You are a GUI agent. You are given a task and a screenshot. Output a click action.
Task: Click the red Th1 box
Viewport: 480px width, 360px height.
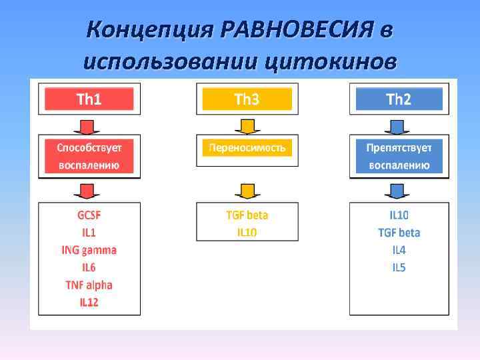[x=89, y=99]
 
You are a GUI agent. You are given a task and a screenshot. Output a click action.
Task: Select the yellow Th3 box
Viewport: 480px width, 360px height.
[x=247, y=99]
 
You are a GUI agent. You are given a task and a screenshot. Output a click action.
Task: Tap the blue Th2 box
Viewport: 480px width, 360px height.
[x=399, y=99]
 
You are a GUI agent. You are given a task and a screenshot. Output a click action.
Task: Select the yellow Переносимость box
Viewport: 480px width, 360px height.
[x=247, y=147]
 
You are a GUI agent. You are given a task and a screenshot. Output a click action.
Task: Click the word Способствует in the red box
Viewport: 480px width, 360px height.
[x=89, y=147]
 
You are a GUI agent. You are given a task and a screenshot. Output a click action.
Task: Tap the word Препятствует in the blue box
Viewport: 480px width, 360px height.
[x=399, y=147]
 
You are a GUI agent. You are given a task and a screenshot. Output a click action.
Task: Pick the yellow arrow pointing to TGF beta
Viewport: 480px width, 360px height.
[x=247, y=191]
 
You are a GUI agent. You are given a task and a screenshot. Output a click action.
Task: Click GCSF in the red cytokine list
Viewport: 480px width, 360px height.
[x=89, y=215]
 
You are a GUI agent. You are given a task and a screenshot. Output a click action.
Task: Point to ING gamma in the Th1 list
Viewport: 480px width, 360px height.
[x=89, y=250]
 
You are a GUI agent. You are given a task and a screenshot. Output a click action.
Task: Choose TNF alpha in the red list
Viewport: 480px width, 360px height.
[x=89, y=285]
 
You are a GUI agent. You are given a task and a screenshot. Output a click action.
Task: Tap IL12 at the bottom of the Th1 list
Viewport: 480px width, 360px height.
[x=89, y=302]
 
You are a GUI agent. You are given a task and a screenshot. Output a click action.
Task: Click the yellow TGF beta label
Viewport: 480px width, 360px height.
[x=247, y=215]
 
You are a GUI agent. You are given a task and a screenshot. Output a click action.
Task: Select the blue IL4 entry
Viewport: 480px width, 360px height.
[x=399, y=250]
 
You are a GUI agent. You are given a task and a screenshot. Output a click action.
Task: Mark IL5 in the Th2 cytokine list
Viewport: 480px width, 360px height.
[x=399, y=267]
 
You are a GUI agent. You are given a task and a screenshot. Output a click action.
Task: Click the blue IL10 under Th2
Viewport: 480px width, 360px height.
[x=399, y=215]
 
